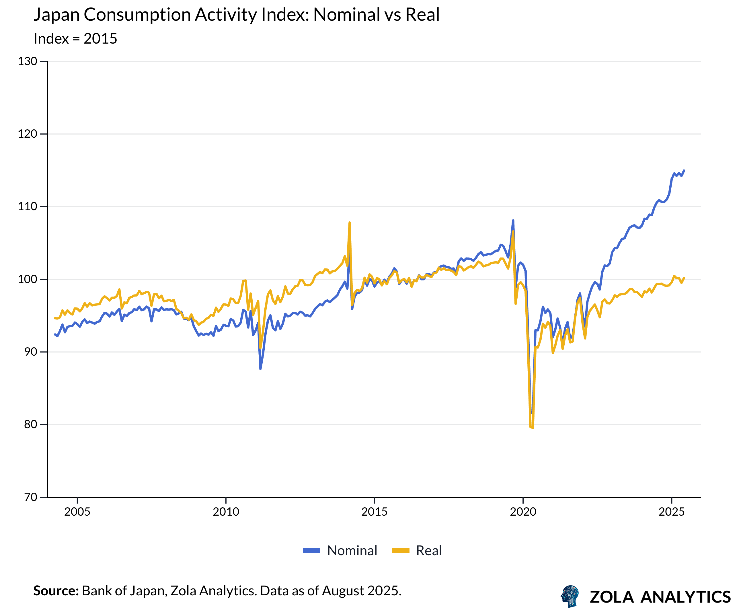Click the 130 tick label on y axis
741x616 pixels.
tap(28, 61)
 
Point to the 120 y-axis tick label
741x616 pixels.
tap(28, 134)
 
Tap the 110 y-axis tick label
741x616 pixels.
tap(28, 206)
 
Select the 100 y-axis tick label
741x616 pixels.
tap(28, 279)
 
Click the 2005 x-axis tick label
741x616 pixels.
tap(77, 512)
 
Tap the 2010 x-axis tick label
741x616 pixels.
tap(226, 512)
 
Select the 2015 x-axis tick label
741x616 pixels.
tap(375, 512)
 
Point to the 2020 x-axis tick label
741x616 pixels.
tap(523, 512)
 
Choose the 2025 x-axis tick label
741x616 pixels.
tap(672, 512)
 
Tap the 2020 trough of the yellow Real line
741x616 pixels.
tap(533, 428)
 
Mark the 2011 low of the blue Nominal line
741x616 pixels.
tap(260, 369)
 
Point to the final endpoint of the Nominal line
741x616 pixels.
tap(684, 170)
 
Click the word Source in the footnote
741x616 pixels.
tap(56, 590)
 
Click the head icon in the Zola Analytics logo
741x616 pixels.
tap(570, 596)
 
